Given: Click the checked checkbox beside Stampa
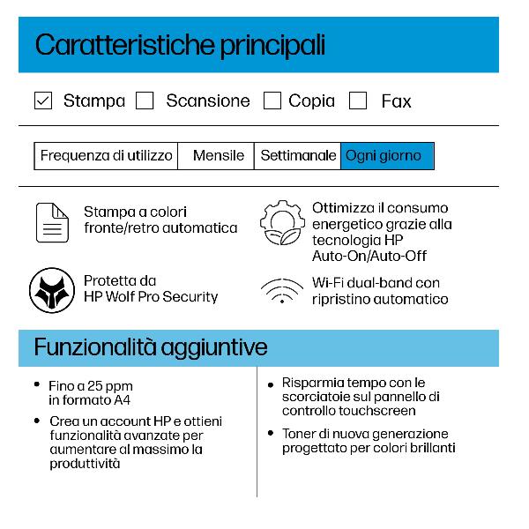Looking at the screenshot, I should (42, 101).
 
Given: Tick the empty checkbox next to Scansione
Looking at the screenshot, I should (145, 101).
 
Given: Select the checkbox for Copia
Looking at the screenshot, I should (272, 101).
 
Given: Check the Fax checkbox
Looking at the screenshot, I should (358, 101).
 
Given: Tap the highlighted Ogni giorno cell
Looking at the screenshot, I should (386, 156).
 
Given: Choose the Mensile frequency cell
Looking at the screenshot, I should (217, 156).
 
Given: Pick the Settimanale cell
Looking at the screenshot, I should (298, 156).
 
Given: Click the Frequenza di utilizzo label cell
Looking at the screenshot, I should (106, 156).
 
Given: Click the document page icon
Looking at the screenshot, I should (52, 221).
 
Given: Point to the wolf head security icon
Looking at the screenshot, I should (51, 290).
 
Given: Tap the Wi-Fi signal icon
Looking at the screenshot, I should (282, 291).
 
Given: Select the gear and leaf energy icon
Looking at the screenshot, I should (282, 225).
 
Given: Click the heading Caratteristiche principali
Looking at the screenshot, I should (180, 45).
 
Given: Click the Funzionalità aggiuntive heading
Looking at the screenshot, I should (151, 346).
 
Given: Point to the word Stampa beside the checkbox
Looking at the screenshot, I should (93, 101).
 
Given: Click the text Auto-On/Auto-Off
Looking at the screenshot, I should (369, 256).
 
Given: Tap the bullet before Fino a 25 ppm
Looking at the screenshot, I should (37, 384).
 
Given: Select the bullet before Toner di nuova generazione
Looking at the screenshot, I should (270, 433).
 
